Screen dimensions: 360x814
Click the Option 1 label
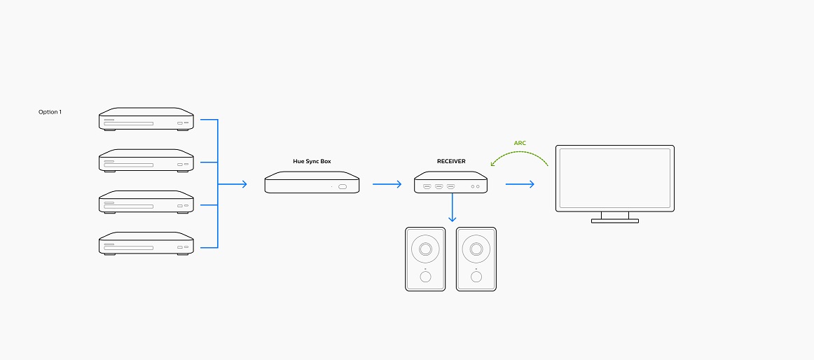click(50, 112)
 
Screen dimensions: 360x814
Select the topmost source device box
click(146, 120)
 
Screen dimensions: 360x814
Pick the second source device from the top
click(146, 161)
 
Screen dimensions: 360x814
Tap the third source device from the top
click(146, 202)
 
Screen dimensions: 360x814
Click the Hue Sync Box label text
click(312, 161)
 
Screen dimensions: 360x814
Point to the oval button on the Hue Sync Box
click(343, 187)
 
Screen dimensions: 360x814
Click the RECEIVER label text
click(451, 161)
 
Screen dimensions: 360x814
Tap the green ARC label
click(520, 143)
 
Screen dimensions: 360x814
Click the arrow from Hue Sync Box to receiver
click(387, 184)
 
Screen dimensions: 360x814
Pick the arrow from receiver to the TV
click(520, 184)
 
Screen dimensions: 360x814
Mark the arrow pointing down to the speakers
click(453, 208)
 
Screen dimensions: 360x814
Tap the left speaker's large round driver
click(425, 249)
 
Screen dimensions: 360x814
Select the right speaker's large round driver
click(476, 249)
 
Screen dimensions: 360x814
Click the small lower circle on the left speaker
click(425, 277)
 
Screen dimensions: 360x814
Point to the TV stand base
click(614, 221)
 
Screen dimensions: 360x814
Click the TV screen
click(614, 176)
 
